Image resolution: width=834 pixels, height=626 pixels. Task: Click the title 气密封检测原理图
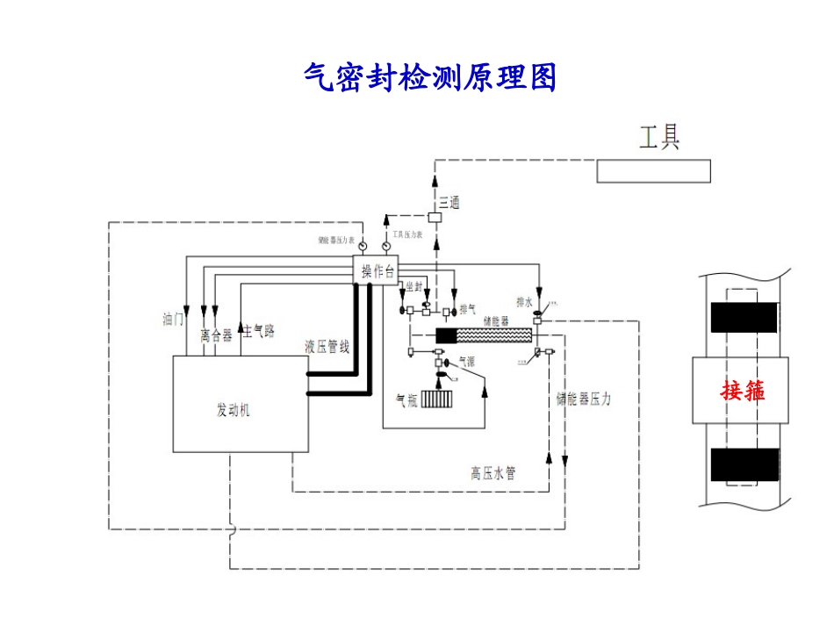[430, 77]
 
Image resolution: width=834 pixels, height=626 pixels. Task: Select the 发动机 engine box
[240, 405]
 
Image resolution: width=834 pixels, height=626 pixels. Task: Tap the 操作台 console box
[378, 271]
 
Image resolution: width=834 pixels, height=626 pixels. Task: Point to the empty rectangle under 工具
[653, 171]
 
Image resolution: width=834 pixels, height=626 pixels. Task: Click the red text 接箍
[743, 390]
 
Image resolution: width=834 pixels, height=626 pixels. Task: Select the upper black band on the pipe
[744, 317]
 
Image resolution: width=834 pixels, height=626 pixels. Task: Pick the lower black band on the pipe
[744, 464]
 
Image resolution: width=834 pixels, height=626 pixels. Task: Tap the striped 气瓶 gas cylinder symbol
[436, 399]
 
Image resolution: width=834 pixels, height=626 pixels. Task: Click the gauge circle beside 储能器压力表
[363, 247]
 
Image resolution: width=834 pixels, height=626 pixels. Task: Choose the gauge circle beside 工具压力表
[386, 247]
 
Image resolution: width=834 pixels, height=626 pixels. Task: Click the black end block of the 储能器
[447, 335]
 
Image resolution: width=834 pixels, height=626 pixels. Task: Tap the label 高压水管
[492, 473]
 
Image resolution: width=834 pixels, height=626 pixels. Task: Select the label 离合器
[215, 335]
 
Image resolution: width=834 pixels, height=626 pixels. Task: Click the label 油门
[173, 319]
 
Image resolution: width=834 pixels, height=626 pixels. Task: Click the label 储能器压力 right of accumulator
[583, 399]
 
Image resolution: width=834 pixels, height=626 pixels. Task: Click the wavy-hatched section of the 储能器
[496, 335]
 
